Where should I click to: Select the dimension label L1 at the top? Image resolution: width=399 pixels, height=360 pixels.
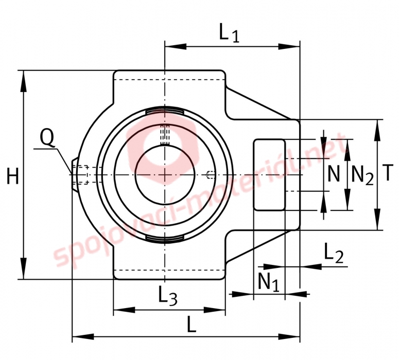click(229, 33)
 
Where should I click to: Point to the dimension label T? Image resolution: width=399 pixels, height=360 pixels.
click(389, 174)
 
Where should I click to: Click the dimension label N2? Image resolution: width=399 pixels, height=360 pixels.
click(362, 175)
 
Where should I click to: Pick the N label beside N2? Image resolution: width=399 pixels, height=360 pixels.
click(334, 175)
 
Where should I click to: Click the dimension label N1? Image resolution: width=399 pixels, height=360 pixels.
click(268, 282)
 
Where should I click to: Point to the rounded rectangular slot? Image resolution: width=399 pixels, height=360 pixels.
click(269, 174)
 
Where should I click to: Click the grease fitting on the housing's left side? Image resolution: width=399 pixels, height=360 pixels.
click(77, 175)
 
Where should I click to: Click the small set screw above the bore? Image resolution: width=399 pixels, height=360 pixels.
click(165, 134)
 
